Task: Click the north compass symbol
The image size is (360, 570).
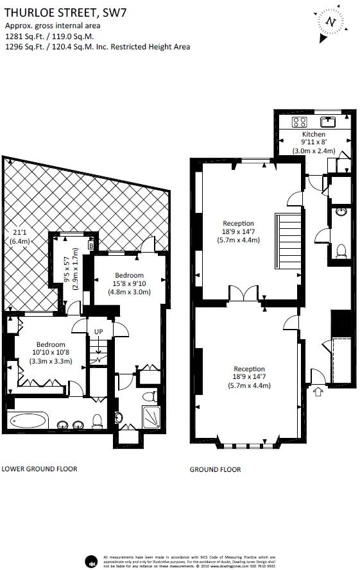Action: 330,21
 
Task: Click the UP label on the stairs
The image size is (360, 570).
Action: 98,331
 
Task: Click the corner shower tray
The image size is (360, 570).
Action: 151,417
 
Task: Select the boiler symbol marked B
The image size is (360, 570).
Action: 91,244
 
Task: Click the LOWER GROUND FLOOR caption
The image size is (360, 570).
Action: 39,469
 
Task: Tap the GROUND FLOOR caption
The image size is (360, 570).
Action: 215,469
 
